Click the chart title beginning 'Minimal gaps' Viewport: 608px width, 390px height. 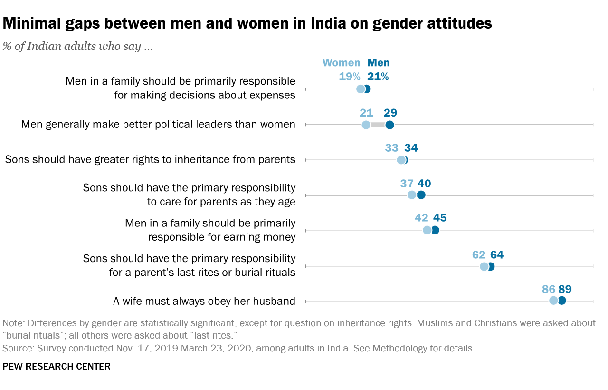click(x=247, y=23)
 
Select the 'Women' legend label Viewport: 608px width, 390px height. click(x=341, y=63)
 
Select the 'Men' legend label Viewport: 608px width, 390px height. click(x=378, y=63)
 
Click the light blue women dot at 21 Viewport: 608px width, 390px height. click(x=366, y=125)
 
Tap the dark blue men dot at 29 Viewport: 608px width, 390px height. click(x=389, y=125)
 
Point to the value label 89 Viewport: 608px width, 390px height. click(x=565, y=289)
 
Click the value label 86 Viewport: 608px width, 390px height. click(x=549, y=289)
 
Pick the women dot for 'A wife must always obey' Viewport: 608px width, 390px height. click(x=553, y=301)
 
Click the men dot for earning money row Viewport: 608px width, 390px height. click(x=435, y=230)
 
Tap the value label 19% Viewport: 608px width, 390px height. click(x=349, y=77)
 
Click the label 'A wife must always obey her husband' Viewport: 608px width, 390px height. click(x=204, y=301)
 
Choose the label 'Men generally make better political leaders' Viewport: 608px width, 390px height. click(x=158, y=125)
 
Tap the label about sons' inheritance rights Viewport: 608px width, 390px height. click(x=150, y=159)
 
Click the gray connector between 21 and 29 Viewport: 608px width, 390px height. click(x=378, y=125)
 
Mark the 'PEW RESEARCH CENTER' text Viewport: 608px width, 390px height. click(x=57, y=366)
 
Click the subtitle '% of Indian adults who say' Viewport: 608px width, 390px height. click(x=77, y=47)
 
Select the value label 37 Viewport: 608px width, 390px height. click(x=407, y=184)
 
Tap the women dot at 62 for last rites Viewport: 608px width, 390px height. click(x=484, y=266)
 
